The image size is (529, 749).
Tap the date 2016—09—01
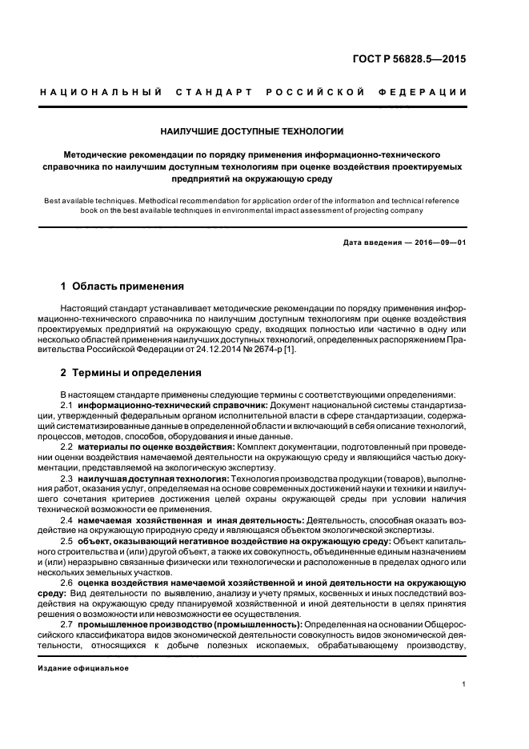click(437, 242)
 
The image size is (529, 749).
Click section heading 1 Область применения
click(122, 286)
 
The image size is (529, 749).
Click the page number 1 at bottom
click(464, 684)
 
